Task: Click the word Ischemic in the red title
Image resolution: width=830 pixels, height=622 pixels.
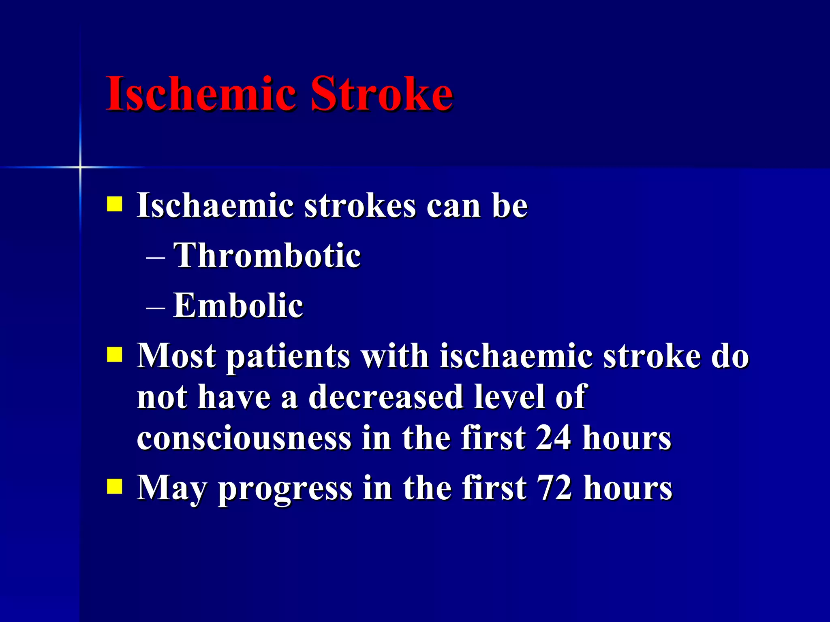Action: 201,94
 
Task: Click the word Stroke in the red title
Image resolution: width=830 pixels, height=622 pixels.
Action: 381,94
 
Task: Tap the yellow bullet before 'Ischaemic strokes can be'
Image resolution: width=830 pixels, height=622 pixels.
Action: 114,204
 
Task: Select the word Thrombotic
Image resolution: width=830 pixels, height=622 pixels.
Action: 267,256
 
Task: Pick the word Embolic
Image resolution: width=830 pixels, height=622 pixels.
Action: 238,305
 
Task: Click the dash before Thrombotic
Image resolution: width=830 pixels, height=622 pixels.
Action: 155,257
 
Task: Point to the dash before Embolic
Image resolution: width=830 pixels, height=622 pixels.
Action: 155,307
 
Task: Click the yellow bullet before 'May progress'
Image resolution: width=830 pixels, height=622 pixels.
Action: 114,487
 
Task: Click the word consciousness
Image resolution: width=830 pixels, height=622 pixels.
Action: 244,439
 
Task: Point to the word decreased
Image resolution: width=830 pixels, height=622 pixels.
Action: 386,397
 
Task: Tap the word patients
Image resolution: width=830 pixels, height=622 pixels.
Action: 288,357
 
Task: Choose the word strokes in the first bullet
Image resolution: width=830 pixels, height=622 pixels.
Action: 360,206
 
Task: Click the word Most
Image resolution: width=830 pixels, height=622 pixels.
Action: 176,356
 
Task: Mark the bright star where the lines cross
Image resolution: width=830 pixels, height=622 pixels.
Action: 80,167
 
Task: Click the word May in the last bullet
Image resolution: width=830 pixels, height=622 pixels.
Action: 172,488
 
